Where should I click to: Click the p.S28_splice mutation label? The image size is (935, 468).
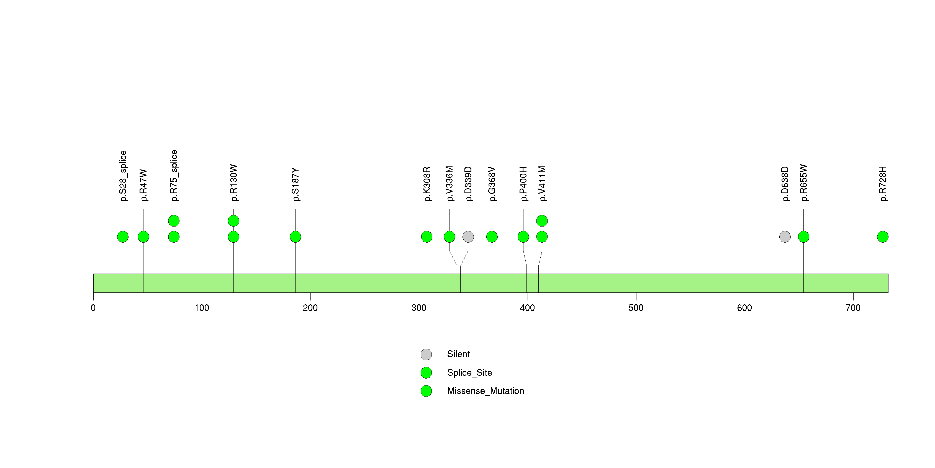[123, 176]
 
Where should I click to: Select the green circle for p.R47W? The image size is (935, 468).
[143, 237]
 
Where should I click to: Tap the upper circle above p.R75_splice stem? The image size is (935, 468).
[174, 221]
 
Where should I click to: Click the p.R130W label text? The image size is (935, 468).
[234, 182]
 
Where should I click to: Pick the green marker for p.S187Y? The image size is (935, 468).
[296, 237]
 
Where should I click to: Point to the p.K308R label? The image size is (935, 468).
[427, 184]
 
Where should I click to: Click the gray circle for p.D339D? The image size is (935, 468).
[468, 237]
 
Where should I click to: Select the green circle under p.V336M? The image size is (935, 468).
[449, 237]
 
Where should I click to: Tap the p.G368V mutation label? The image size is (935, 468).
[492, 184]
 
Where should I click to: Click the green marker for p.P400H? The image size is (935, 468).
[523, 237]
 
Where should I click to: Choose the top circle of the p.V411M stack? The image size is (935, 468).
[542, 221]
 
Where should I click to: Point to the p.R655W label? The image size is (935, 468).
[804, 183]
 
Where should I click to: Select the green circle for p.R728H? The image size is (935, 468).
[883, 237]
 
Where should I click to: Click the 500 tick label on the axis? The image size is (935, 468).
[636, 308]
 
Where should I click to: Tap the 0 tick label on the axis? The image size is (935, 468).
[93, 308]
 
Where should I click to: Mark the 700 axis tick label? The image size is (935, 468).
[853, 308]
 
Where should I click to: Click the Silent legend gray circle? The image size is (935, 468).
[426, 354]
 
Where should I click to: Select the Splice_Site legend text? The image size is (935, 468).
[470, 372]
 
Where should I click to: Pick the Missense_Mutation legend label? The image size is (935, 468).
[486, 391]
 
